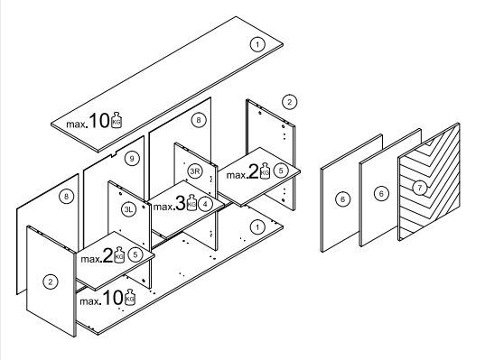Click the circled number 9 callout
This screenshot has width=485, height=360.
(132, 159)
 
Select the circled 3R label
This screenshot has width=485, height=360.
(195, 171)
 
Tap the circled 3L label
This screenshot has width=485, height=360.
(128, 209)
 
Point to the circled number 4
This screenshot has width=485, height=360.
(205, 204)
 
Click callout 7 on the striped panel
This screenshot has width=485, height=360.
(420, 188)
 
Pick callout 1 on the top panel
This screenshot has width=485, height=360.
(257, 44)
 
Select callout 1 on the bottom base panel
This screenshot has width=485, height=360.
(257, 227)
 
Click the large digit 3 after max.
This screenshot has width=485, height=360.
(181, 203)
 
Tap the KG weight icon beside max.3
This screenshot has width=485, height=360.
(191, 203)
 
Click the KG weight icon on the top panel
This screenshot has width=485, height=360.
(117, 120)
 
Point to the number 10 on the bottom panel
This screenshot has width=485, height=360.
(113, 298)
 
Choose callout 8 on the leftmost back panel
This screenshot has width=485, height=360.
(66, 197)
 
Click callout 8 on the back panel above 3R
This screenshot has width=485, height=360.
(199, 120)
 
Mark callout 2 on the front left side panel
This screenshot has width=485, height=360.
(50, 282)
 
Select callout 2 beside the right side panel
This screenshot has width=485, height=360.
(290, 102)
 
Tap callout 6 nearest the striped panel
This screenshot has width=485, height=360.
(381, 194)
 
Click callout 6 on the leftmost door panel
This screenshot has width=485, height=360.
(342, 199)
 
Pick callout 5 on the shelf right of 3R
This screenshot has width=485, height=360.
(281, 171)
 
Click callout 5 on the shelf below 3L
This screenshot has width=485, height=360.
(135, 254)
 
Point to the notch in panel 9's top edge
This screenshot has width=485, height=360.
(114, 153)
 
